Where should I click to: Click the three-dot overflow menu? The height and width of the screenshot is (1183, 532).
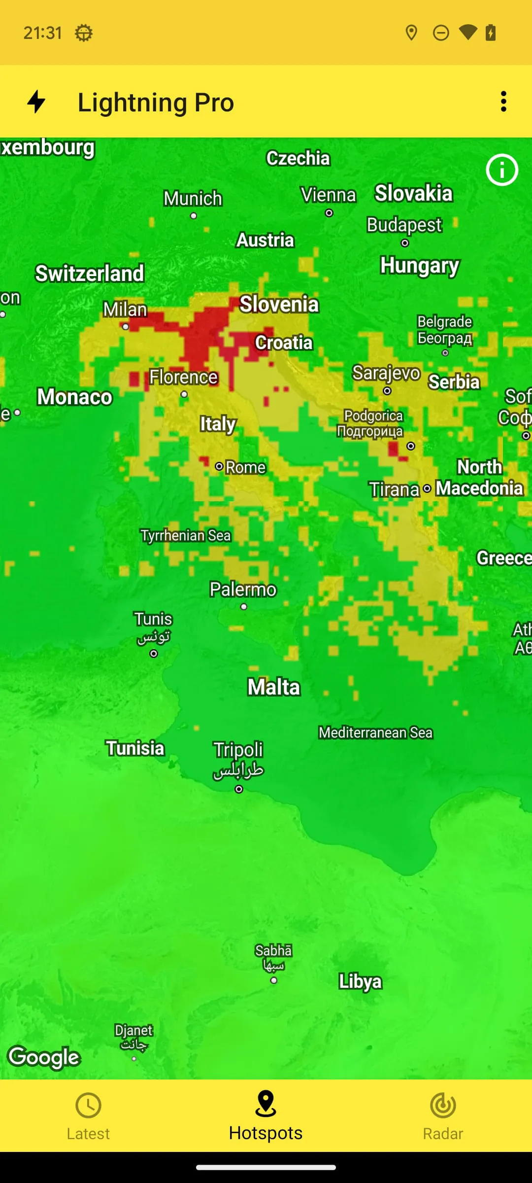[x=503, y=102]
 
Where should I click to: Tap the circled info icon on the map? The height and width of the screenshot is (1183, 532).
[x=502, y=170]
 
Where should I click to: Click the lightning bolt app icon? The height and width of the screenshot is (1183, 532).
[x=36, y=102]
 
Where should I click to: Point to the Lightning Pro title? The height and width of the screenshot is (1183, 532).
[x=156, y=103]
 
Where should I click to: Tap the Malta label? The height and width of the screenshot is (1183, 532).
[x=274, y=687]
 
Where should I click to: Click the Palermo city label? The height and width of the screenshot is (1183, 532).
[x=243, y=590]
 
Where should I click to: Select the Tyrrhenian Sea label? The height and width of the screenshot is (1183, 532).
[x=186, y=535]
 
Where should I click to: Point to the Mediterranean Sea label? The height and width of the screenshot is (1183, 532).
[x=375, y=732]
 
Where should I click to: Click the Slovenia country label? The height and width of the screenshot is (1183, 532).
[x=279, y=304]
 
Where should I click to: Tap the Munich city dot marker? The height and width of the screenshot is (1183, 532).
[x=194, y=216]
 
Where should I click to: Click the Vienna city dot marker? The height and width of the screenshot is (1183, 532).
[x=329, y=213]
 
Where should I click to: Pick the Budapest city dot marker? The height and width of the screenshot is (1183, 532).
[x=405, y=243]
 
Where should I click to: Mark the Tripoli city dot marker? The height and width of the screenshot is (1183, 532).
[x=239, y=789]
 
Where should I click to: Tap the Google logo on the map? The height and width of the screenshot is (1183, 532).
[x=44, y=1057]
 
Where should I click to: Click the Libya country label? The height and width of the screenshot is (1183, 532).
[x=360, y=981]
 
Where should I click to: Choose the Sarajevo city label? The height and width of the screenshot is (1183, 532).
[x=386, y=373]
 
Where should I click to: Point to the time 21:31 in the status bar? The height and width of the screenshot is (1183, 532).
[x=43, y=33]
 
